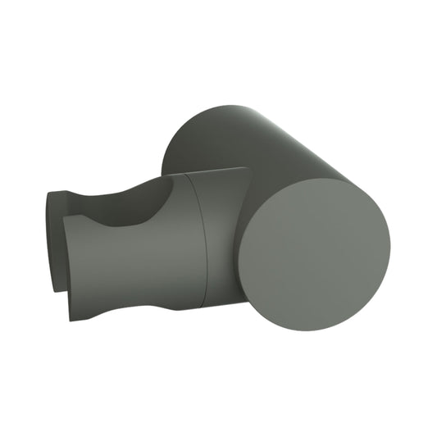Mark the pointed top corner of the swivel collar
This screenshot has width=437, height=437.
click(x=246, y=169)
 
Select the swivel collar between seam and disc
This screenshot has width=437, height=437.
click(x=223, y=238)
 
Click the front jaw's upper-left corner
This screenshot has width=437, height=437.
click(x=66, y=220)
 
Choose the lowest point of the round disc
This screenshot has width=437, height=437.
click(x=315, y=323)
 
